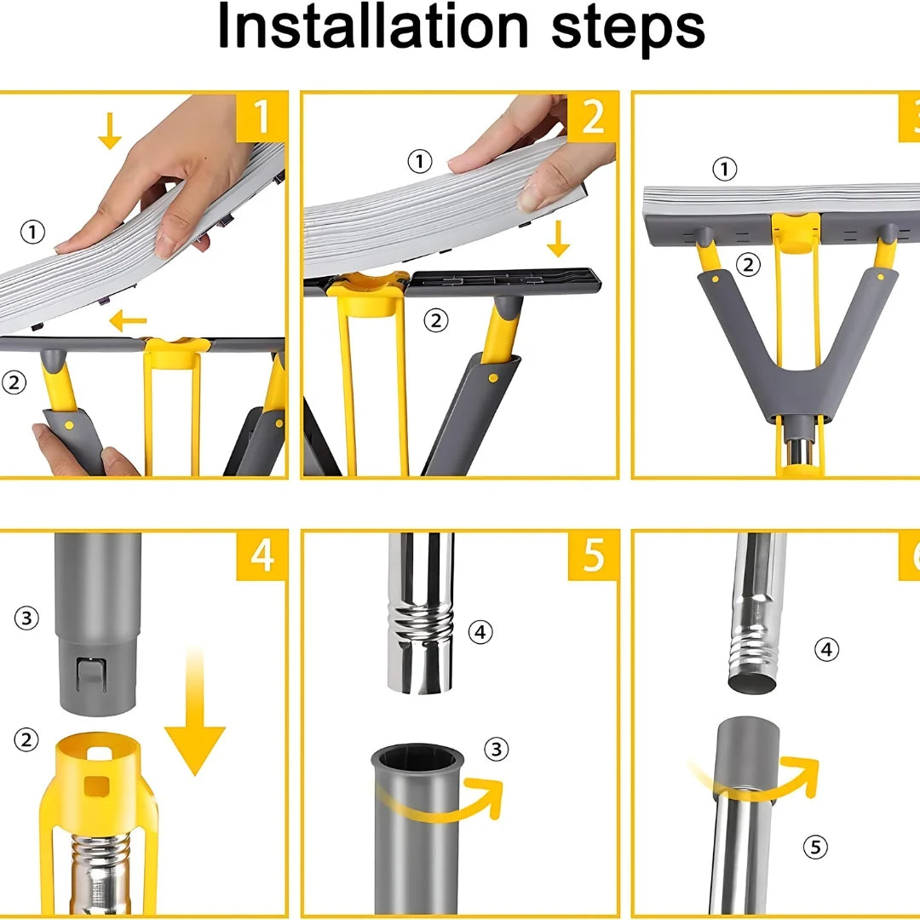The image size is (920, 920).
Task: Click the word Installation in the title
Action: (x=372, y=26)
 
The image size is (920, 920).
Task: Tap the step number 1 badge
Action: (x=262, y=116)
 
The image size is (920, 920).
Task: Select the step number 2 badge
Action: (x=593, y=116)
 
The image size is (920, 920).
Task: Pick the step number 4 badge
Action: (x=262, y=555)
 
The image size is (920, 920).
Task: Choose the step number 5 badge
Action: (x=593, y=555)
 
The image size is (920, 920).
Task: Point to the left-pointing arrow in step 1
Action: (x=127, y=320)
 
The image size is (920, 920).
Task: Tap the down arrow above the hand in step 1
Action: (x=110, y=131)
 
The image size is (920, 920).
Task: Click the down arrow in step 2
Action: (x=558, y=239)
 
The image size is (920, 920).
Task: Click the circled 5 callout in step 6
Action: (x=815, y=847)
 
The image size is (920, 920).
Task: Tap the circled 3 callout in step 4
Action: (x=26, y=618)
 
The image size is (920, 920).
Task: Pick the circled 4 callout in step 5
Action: (x=480, y=632)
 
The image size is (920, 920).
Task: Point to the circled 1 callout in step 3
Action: (x=725, y=169)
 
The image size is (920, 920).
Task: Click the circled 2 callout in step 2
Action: (x=436, y=320)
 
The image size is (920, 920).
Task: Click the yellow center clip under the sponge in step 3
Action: (x=796, y=232)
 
